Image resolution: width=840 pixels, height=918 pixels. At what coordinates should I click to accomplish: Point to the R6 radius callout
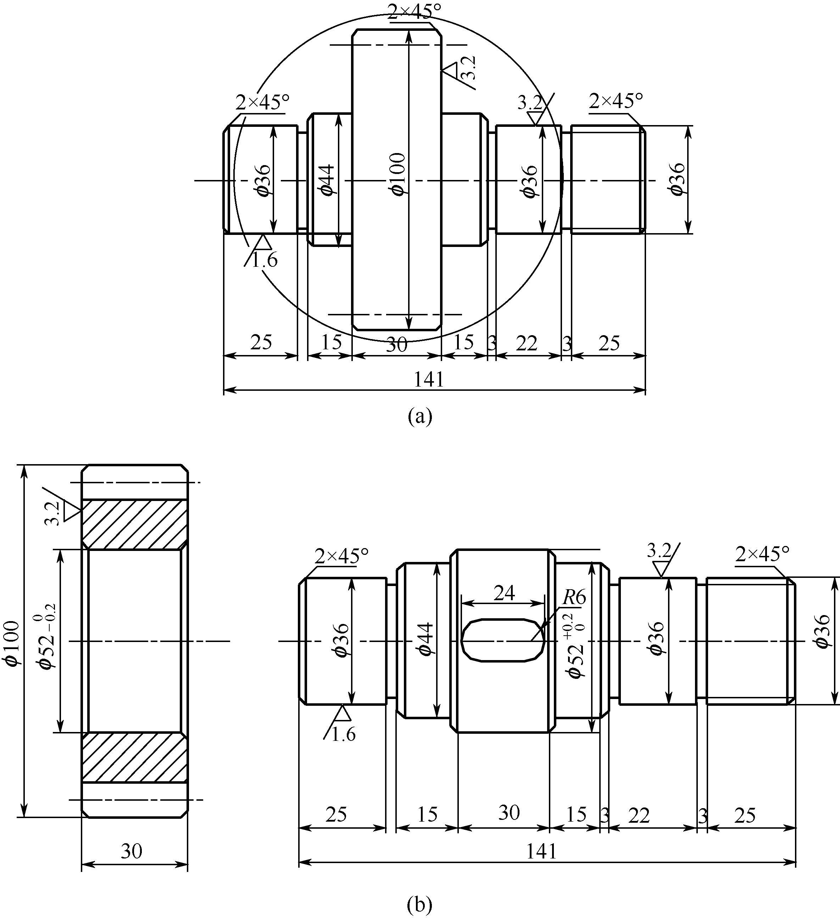[x=574, y=597]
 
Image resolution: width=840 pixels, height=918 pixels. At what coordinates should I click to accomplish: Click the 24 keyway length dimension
[x=505, y=593]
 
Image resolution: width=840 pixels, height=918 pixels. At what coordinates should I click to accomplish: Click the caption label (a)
[x=420, y=416]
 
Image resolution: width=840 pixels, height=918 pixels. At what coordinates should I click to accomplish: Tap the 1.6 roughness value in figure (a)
[x=265, y=260]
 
